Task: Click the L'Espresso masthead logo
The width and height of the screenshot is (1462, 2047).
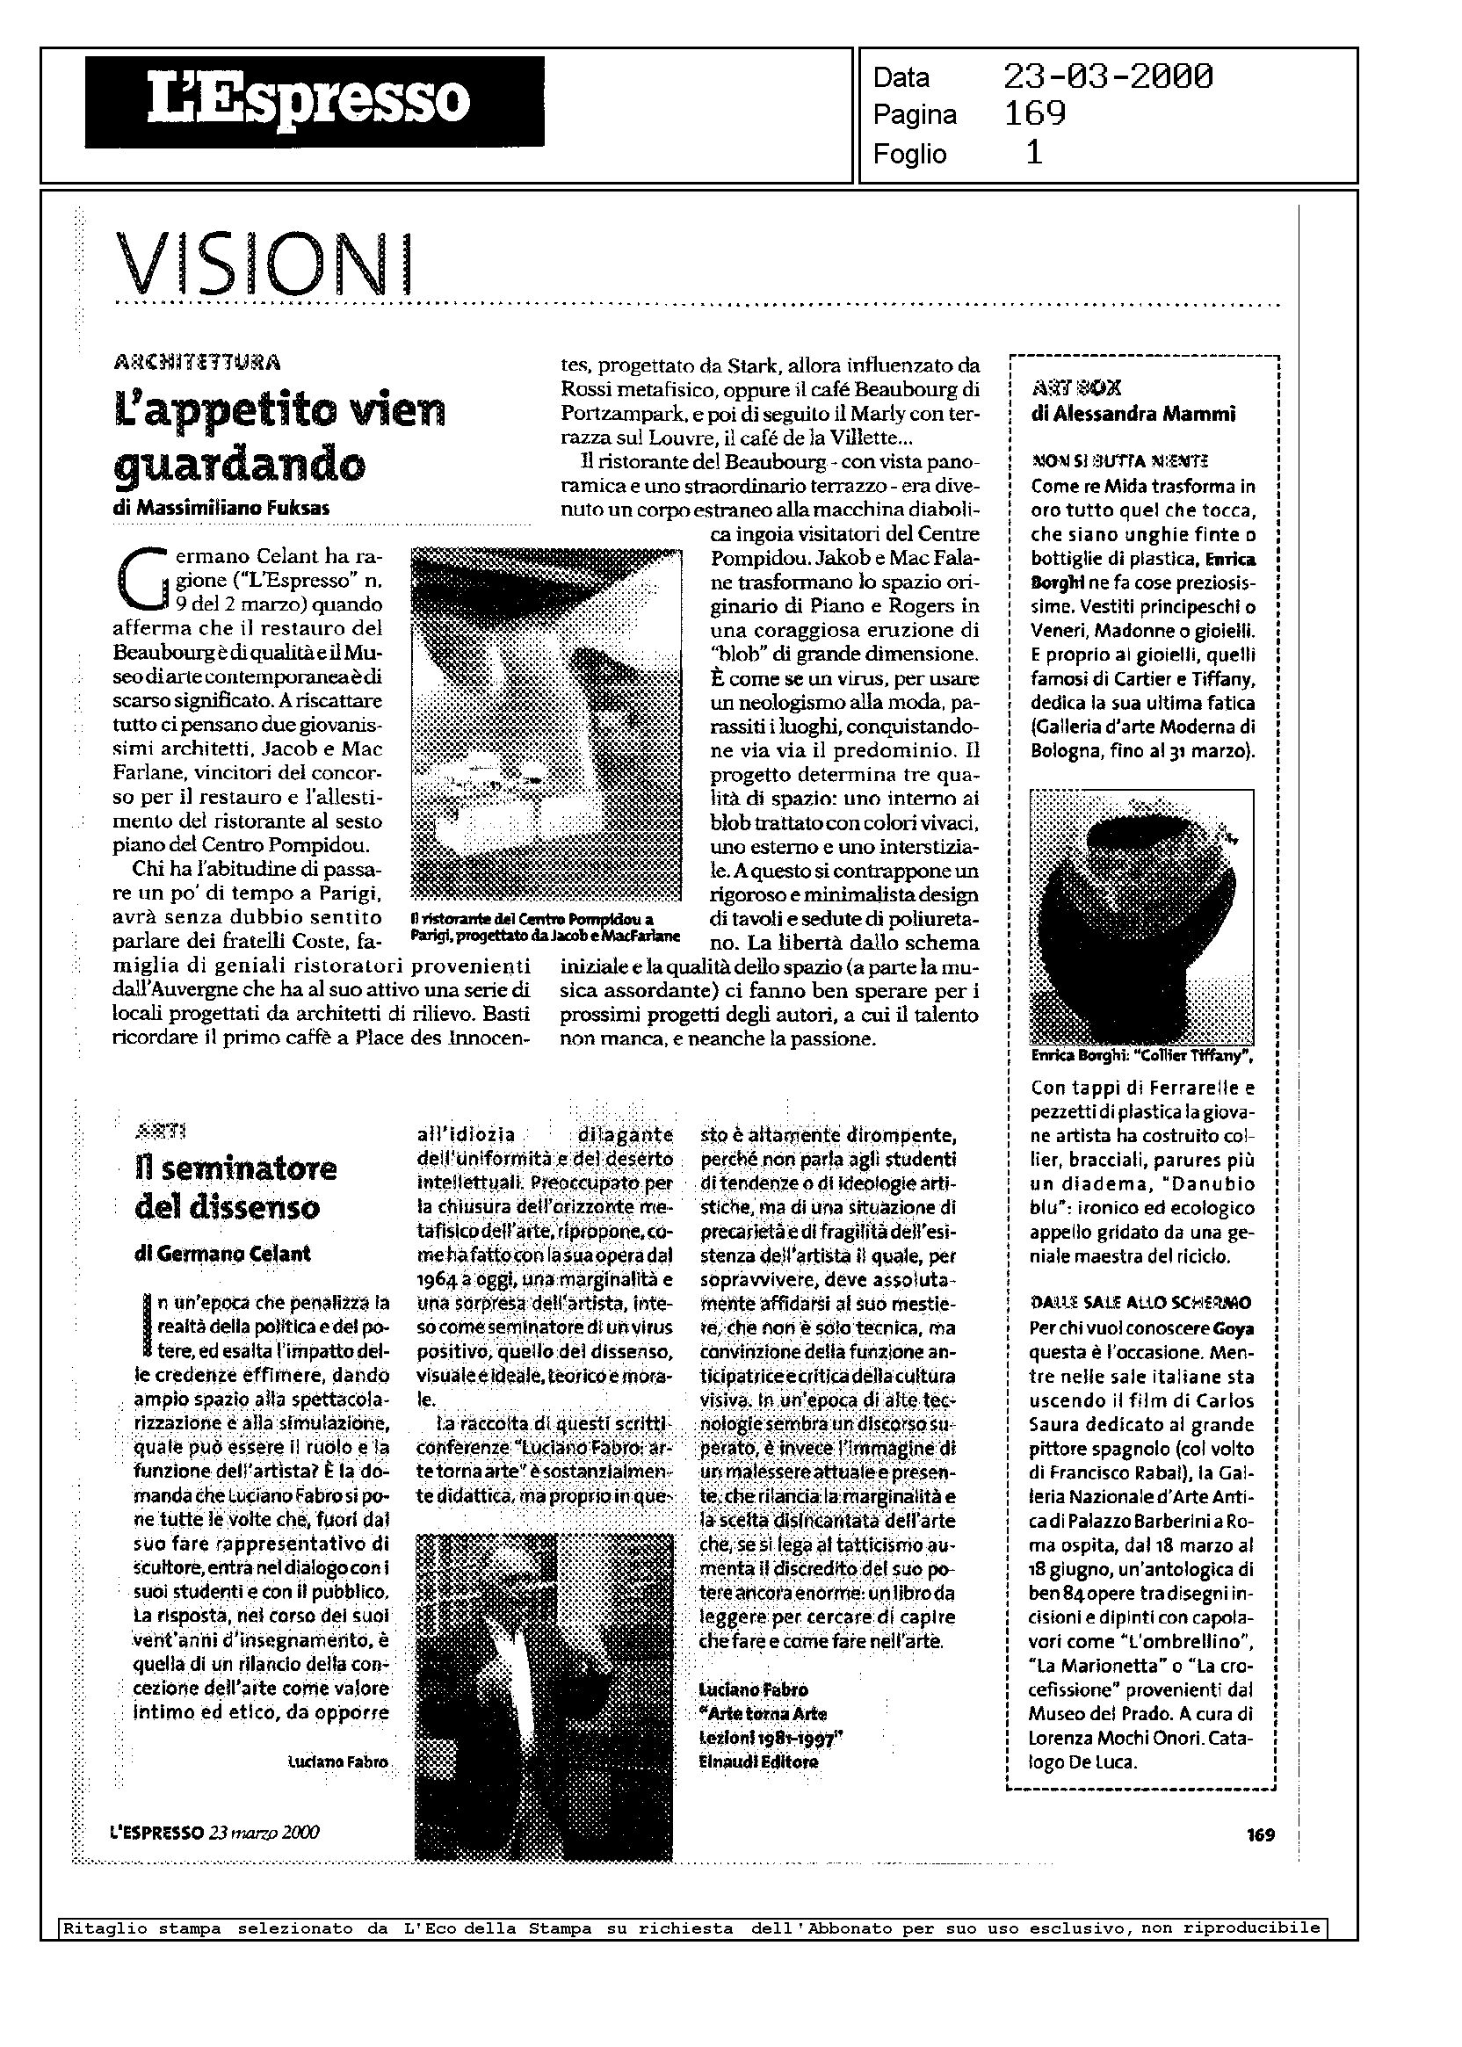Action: click(x=315, y=101)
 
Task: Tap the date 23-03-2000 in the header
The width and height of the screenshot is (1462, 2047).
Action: click(x=1107, y=77)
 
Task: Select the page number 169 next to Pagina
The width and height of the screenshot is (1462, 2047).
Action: click(x=1034, y=114)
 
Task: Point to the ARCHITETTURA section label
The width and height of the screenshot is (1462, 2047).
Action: click(x=197, y=363)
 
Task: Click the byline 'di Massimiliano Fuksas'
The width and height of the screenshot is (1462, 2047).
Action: click(x=221, y=508)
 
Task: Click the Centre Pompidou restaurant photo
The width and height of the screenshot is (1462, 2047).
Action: click(x=546, y=725)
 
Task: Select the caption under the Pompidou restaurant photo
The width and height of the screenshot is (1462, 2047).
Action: click(x=544, y=926)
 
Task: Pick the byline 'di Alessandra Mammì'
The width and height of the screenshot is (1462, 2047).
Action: click(x=1133, y=414)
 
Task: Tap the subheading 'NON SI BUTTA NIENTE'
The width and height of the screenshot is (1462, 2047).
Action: click(x=1119, y=461)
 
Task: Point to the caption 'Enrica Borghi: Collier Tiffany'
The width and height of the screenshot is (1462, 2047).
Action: click(x=1140, y=1056)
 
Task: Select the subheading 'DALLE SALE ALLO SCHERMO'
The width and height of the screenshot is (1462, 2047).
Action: click(x=1140, y=1303)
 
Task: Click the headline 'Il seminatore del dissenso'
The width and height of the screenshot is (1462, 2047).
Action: click(x=235, y=1187)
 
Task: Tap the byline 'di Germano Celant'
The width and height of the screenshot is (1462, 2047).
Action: click(x=222, y=1253)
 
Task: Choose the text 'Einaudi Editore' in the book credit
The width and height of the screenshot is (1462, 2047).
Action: click(x=758, y=1761)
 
